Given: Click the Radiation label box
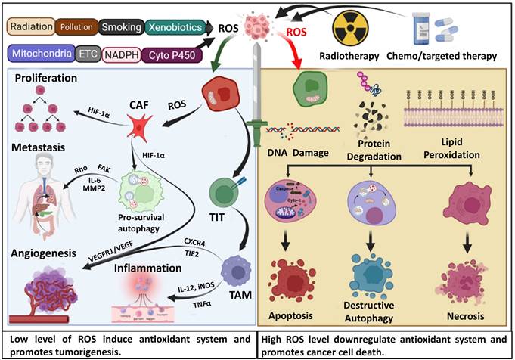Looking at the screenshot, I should click(x=30, y=27).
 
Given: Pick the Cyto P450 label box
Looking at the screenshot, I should click(x=170, y=54).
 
